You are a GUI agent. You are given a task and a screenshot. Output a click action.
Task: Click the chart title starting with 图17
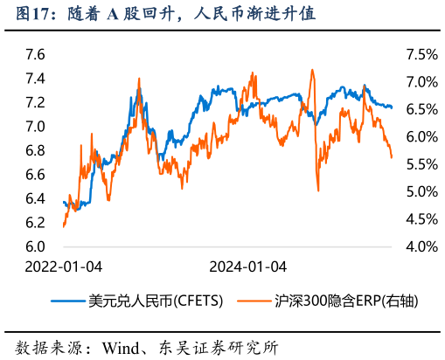pos(162,15)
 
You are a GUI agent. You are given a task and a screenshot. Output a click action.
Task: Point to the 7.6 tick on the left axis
pos(36,54)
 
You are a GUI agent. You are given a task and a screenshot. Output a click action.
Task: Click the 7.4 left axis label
pos(36,79)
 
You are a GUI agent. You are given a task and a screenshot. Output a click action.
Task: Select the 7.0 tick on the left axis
pos(36,127)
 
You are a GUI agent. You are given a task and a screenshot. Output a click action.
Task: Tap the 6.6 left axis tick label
pos(36,175)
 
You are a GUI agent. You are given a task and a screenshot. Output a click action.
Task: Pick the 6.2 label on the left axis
pos(36,223)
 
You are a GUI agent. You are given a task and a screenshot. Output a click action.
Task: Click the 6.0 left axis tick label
pos(36,247)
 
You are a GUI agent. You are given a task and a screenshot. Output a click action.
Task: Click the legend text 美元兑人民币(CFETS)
pos(156,301)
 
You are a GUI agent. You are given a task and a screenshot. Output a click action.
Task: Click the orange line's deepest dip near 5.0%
pos(318,190)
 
